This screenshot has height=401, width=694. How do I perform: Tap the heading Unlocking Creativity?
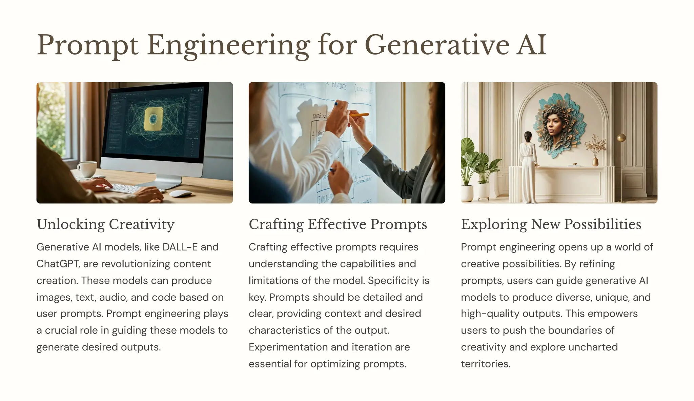(x=105, y=224)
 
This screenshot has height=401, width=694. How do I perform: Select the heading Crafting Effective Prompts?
(x=338, y=224)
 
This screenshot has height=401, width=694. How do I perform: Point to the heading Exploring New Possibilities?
(x=551, y=224)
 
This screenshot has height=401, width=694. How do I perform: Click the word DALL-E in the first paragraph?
(x=180, y=247)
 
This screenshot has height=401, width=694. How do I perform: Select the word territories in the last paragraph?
(x=485, y=364)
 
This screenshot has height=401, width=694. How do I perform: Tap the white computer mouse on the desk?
(x=180, y=194)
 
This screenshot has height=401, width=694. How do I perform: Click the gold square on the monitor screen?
(x=154, y=119)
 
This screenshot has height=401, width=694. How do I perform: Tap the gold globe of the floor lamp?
(x=621, y=138)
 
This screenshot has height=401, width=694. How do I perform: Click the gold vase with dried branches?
(x=595, y=161)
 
